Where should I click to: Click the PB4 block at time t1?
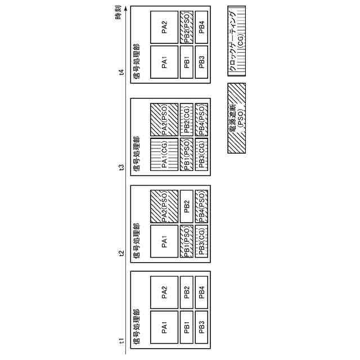201,292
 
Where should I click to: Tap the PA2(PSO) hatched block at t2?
164,206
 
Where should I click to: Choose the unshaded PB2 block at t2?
187,206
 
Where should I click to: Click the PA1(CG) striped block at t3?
164,154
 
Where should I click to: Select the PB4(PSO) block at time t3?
201,119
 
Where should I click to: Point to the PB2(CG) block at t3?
187,119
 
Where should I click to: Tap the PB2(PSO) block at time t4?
187,26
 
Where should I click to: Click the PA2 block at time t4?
164,26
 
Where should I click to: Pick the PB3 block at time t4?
201,61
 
